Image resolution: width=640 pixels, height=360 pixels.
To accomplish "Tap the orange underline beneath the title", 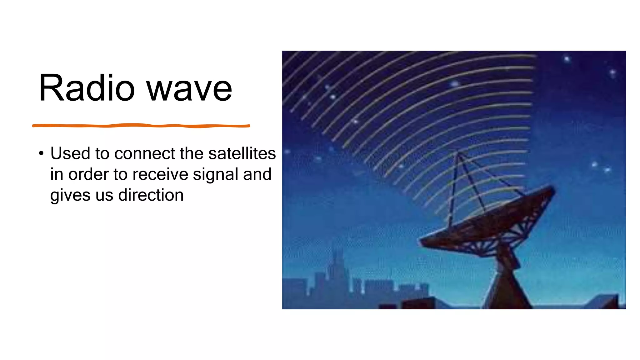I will [x=141, y=126].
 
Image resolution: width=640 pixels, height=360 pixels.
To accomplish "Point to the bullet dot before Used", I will [x=41, y=153].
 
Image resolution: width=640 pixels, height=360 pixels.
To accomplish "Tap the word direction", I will [x=151, y=195].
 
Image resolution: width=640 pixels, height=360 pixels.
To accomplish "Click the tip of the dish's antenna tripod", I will [x=458, y=153].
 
